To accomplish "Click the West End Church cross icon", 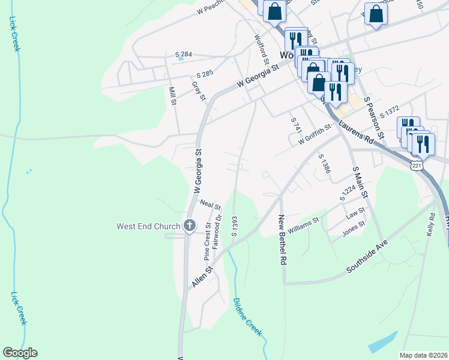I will coord(189,226).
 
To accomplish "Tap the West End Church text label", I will coord(148,226).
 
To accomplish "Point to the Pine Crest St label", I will coord(207,241).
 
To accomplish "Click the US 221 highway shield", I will coord(418,164).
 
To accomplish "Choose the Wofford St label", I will coord(261,47).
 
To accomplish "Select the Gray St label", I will coord(199,90).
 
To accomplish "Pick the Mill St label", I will coord(173,96).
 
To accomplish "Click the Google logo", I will coord(20,353).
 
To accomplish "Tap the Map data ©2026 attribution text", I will coord(423,355).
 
